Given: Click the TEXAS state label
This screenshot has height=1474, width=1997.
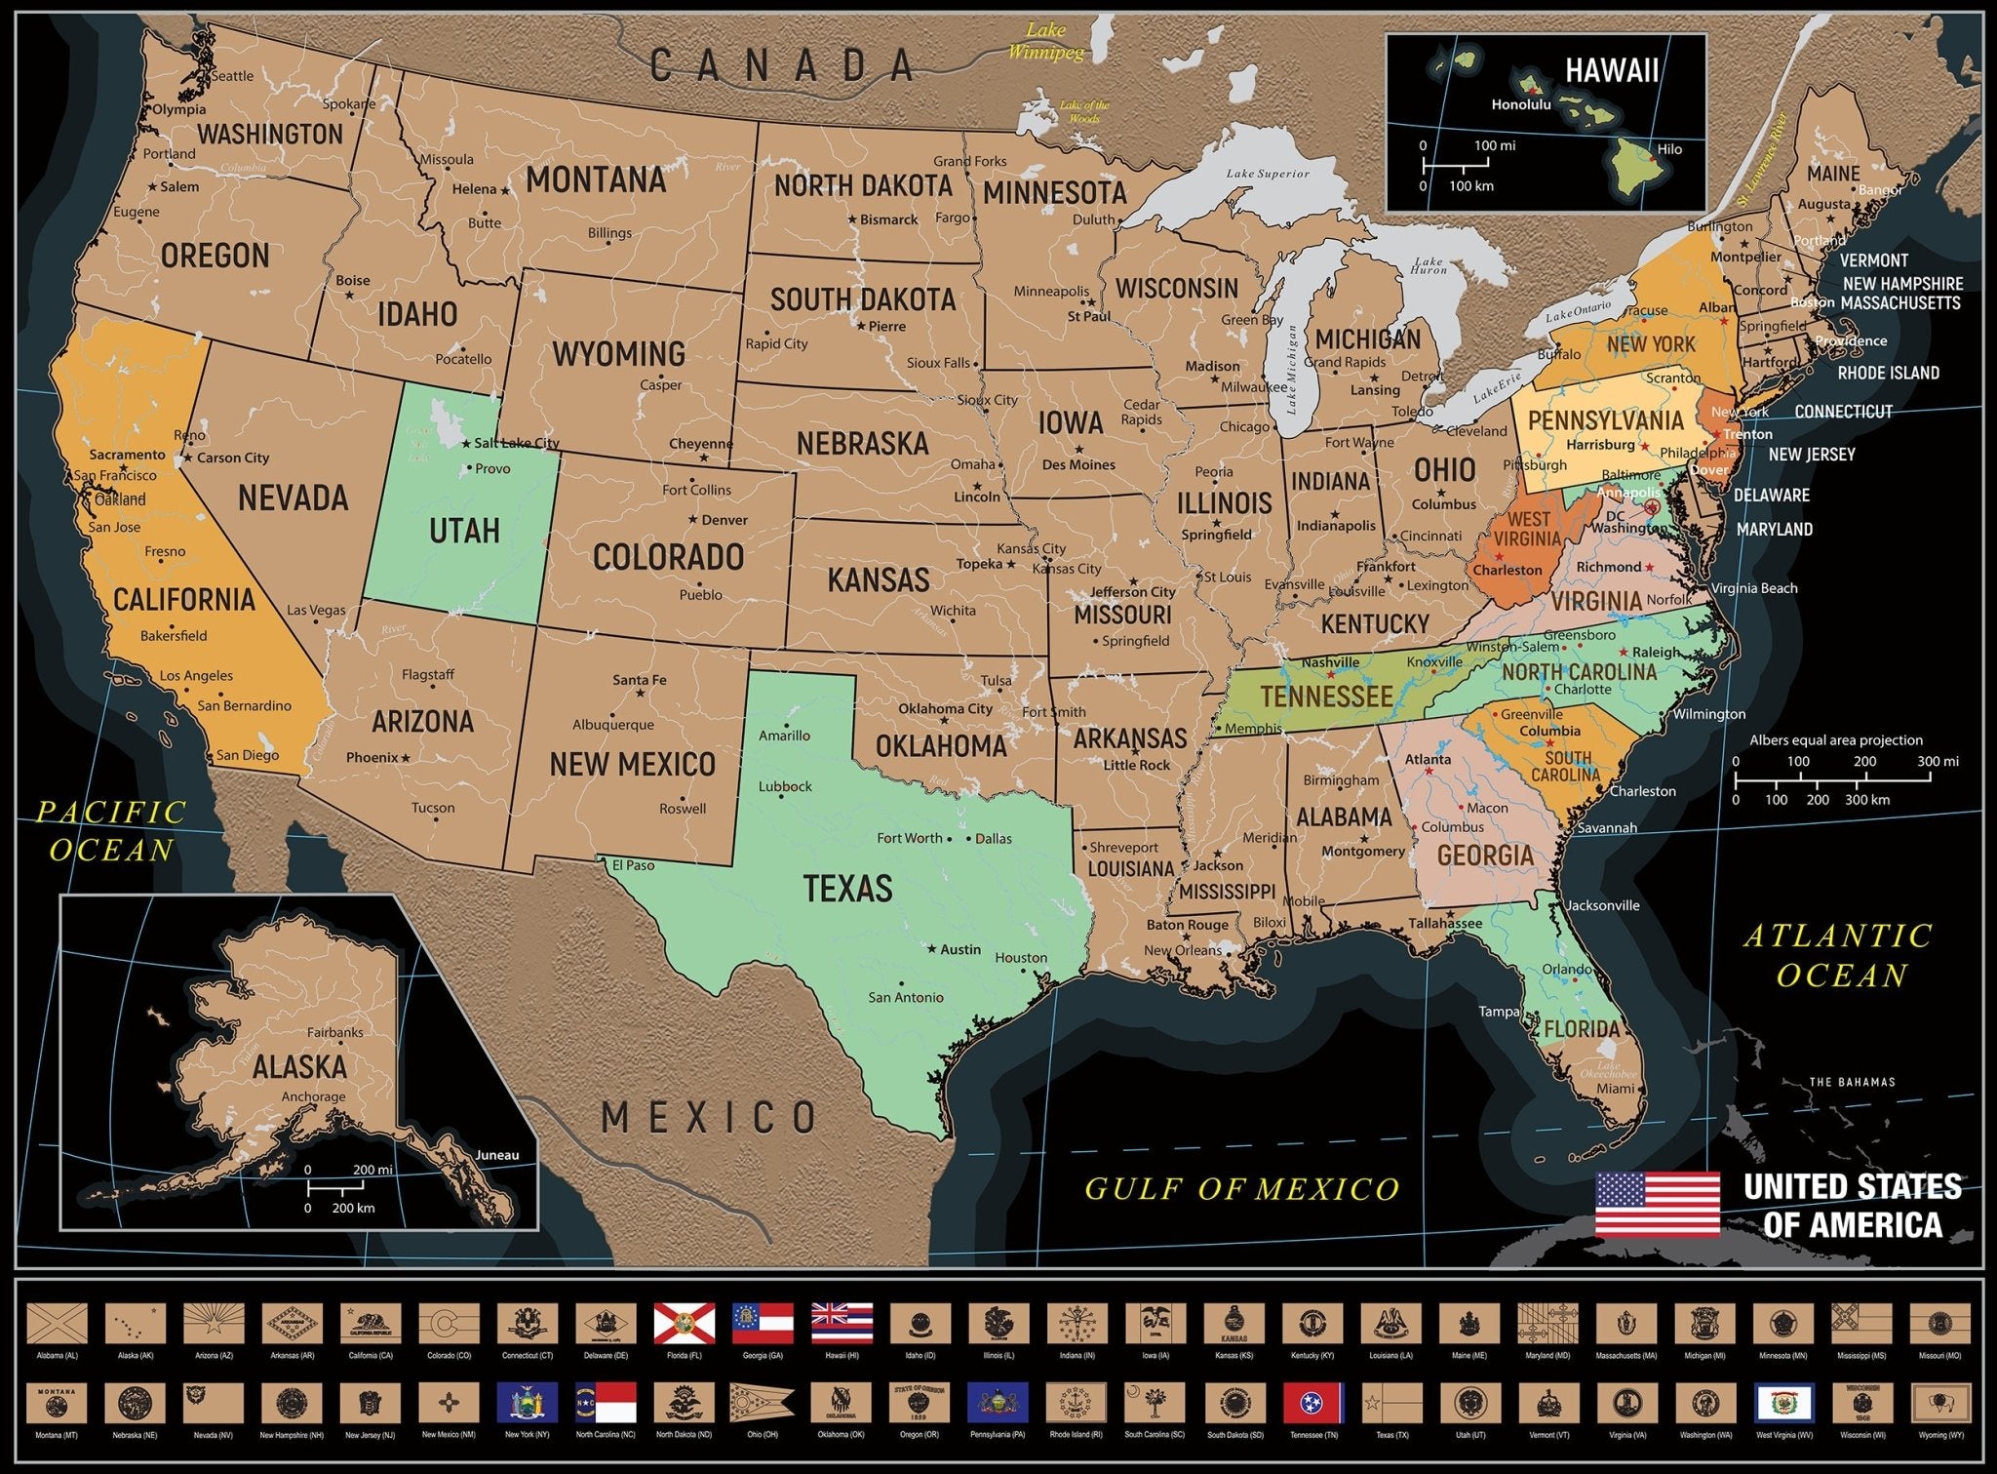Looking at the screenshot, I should click(x=847, y=889).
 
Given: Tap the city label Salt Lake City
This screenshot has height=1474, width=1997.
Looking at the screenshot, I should click(x=517, y=443).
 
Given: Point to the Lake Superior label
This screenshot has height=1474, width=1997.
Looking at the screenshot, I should click(x=1268, y=174).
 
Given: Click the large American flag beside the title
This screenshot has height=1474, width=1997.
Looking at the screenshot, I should click(x=1657, y=1205).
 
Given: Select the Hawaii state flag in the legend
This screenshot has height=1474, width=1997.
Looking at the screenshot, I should click(x=842, y=1324).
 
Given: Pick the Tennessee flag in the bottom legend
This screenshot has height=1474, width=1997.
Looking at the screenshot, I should click(x=1313, y=1403).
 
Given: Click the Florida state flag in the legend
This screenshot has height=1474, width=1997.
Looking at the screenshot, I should click(x=685, y=1324).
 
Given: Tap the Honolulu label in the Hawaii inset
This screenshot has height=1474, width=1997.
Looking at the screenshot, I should click(x=1520, y=105).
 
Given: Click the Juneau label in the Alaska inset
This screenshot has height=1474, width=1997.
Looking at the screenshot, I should click(x=496, y=1155).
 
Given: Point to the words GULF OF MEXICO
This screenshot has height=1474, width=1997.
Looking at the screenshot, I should click(x=1242, y=1188).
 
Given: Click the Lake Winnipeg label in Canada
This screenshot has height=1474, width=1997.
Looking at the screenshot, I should click(x=1045, y=41).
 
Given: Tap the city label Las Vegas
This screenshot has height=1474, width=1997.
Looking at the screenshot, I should click(x=316, y=610).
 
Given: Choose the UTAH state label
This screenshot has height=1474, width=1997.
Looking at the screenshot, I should click(x=464, y=531).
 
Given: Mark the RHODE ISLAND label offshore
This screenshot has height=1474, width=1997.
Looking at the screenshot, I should click(x=1888, y=373).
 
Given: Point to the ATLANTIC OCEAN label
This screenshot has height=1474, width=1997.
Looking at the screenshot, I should click(x=1838, y=956).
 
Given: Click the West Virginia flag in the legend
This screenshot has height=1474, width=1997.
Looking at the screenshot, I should click(x=1784, y=1403).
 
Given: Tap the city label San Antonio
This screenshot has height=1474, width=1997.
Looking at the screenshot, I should click(x=906, y=997).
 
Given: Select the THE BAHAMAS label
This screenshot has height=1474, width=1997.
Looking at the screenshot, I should click(x=1852, y=1082).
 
